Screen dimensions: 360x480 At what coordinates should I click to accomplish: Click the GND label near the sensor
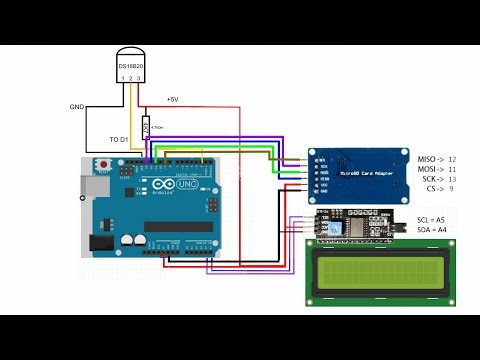point(78,106)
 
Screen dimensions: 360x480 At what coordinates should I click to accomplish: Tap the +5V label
point(172,100)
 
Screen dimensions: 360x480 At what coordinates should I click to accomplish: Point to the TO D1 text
point(121,139)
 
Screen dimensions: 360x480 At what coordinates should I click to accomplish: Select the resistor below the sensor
point(147,127)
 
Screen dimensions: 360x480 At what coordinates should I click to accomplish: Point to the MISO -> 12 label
point(436,159)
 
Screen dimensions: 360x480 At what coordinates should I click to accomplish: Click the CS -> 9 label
point(441,189)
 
